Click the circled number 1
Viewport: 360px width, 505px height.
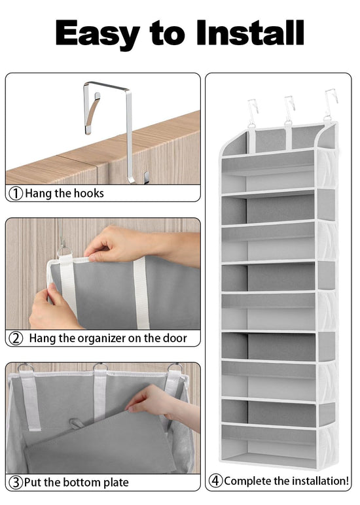pos(16,194)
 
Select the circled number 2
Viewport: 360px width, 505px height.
pos(16,338)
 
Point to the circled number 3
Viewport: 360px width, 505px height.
pos(16,483)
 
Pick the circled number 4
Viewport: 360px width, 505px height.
pos(215,481)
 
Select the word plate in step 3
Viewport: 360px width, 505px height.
pos(116,483)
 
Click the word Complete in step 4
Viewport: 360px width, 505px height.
pos(247,481)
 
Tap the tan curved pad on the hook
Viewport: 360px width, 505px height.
pos(92,113)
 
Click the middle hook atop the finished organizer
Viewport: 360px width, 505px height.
pos(289,109)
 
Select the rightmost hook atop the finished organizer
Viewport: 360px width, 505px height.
pos(331,104)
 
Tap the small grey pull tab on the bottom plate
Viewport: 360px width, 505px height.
pos(76,423)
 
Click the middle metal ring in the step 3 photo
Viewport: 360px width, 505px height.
pos(100,366)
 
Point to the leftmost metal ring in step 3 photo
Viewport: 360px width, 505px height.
pos(26,367)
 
